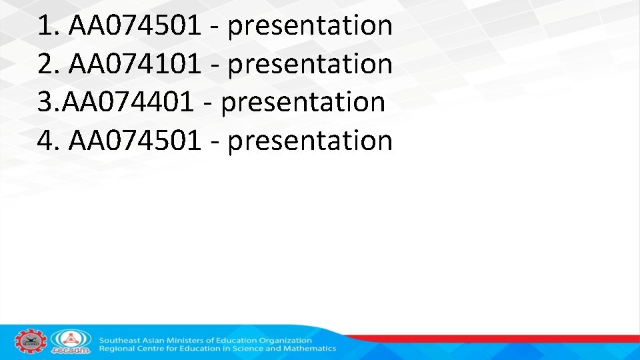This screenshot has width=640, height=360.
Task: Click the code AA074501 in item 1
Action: tap(135, 26)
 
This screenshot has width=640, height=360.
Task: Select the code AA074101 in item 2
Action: tap(135, 64)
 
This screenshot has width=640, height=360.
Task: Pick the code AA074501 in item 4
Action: tap(135, 141)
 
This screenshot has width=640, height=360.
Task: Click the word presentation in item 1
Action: tap(310, 26)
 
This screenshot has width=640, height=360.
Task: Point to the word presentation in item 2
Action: tap(310, 64)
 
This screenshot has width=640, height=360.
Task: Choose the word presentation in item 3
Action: tap(303, 103)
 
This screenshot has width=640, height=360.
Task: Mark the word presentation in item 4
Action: tap(310, 141)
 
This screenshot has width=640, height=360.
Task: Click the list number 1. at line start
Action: tap(49, 26)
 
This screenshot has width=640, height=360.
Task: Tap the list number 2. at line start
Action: tap(49, 64)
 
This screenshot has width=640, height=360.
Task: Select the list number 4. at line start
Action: tap(49, 141)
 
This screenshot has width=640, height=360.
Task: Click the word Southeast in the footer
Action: tap(120, 341)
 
